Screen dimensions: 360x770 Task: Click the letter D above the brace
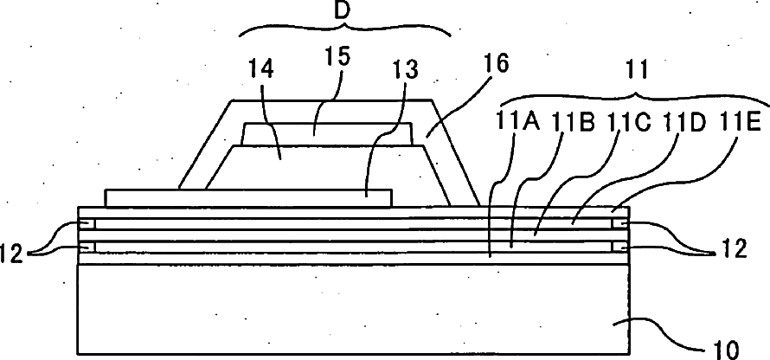click(343, 12)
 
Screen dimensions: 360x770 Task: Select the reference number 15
click(339, 56)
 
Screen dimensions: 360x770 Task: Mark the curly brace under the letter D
click(343, 33)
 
